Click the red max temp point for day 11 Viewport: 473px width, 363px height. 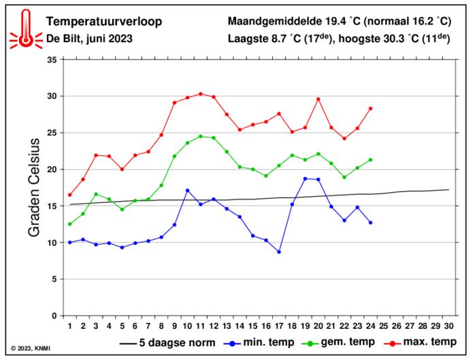[x=201, y=94]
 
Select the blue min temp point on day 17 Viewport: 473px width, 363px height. [x=279, y=252]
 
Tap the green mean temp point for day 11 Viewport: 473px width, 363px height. [x=201, y=136]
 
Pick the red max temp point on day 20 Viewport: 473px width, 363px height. [x=318, y=99]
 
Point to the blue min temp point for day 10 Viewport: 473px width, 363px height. [x=187, y=190]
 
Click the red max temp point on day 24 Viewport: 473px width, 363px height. [x=370, y=108]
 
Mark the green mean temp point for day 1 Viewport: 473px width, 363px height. [x=69, y=224]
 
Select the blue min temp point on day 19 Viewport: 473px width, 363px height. [x=305, y=178]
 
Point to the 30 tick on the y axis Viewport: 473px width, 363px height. [x=50, y=96]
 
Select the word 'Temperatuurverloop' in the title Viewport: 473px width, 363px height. [x=103, y=22]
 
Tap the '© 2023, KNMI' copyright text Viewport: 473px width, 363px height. [x=31, y=349]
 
